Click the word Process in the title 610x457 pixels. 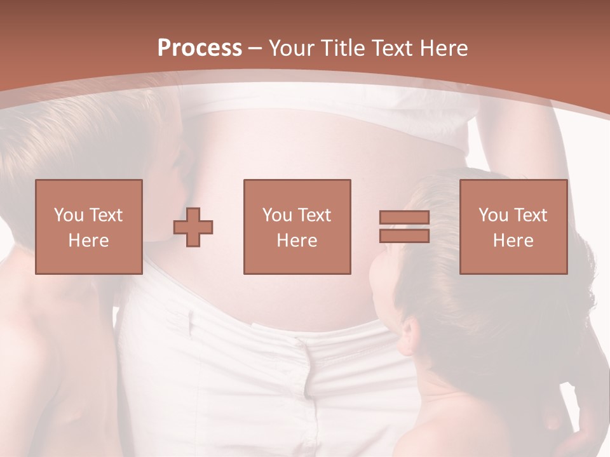200,48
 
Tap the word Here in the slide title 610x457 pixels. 442,48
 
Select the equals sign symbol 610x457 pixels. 404,227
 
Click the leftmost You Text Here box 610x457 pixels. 89,227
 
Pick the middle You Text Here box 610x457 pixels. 297,227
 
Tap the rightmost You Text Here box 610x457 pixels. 513,227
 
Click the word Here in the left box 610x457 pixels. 89,241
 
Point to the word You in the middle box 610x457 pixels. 277,215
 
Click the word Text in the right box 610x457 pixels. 531,215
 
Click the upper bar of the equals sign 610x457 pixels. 404,218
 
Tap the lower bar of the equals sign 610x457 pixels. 404,236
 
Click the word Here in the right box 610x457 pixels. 513,241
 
